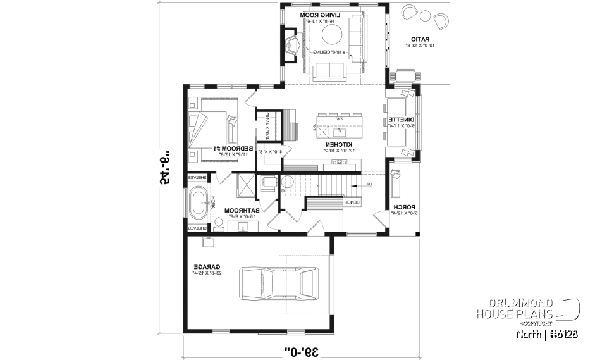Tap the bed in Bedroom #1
(214, 125)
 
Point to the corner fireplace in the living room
(292, 44)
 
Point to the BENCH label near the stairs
(352, 202)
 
